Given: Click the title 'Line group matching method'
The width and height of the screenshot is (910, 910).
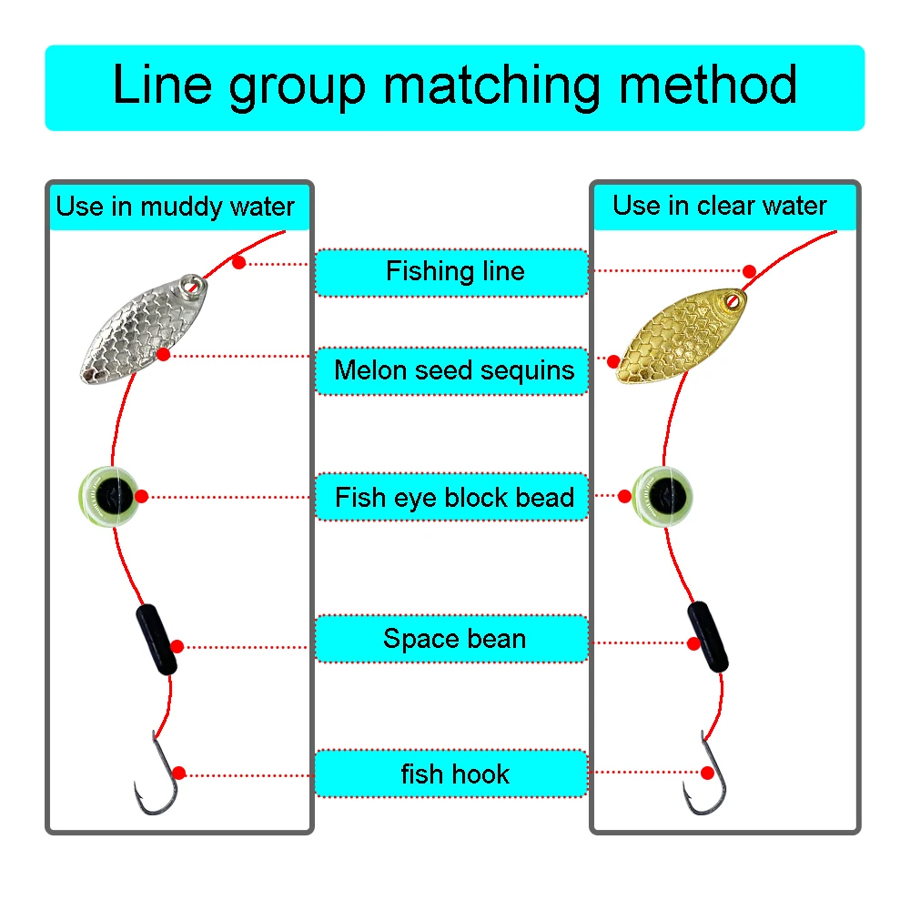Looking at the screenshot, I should (x=454, y=86).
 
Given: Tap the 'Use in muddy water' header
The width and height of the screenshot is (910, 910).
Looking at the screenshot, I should (x=176, y=207).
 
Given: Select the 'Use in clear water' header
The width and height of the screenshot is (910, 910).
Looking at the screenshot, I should (x=720, y=206).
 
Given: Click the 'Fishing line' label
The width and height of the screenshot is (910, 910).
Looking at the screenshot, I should (x=454, y=271).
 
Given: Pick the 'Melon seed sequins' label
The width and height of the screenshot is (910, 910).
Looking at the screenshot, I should (x=454, y=370).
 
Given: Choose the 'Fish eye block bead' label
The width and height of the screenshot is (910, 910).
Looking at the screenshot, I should (x=454, y=498).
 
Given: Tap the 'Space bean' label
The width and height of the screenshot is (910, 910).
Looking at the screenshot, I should (x=454, y=639).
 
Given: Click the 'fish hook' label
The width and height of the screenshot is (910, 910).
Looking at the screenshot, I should (x=454, y=774).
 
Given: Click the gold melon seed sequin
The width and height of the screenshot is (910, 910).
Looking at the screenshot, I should (x=679, y=336).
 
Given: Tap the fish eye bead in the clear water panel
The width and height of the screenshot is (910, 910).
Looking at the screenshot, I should (x=663, y=497).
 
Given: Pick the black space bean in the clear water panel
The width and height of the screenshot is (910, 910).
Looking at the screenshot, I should (x=708, y=637).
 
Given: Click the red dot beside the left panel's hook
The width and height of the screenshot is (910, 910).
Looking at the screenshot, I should (x=178, y=773).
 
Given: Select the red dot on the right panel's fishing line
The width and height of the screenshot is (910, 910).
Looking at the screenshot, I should (x=749, y=271).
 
